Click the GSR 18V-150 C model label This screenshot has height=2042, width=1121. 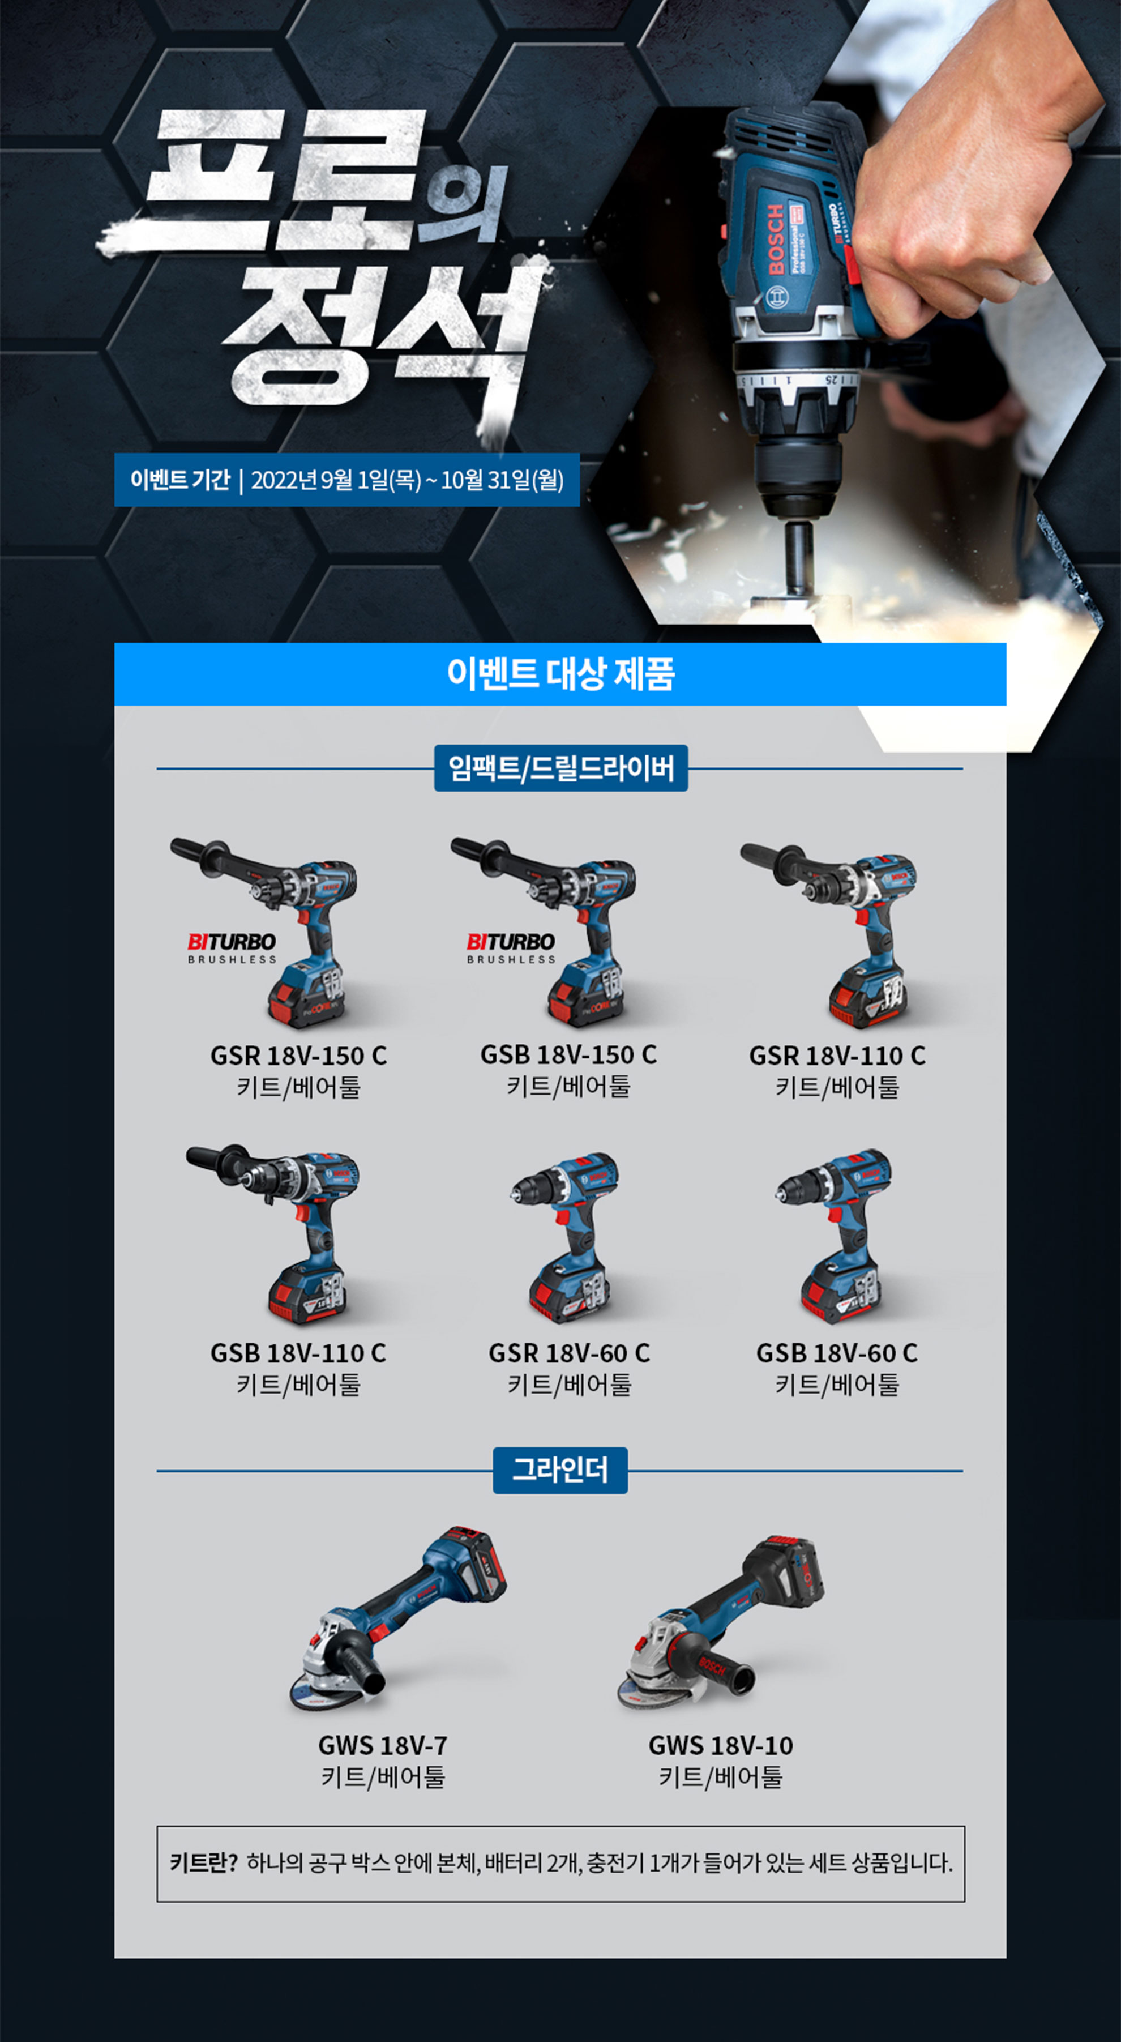click(298, 1056)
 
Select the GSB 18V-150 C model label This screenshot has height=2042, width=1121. click(568, 1055)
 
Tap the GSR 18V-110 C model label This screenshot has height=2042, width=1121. click(837, 1056)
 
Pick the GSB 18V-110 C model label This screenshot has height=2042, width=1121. click(298, 1353)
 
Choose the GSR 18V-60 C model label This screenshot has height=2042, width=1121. click(569, 1353)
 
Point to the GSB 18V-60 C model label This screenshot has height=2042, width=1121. click(837, 1353)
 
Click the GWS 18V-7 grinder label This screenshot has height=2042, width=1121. click(383, 1745)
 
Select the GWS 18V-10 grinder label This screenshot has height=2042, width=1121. click(721, 1745)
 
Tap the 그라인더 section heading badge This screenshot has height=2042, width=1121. click(560, 1471)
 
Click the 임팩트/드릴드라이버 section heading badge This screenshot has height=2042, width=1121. click(561, 768)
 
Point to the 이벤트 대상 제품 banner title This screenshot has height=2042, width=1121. click(560, 674)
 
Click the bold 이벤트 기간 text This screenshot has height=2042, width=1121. click(180, 480)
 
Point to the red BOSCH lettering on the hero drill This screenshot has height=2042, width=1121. click(776, 238)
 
